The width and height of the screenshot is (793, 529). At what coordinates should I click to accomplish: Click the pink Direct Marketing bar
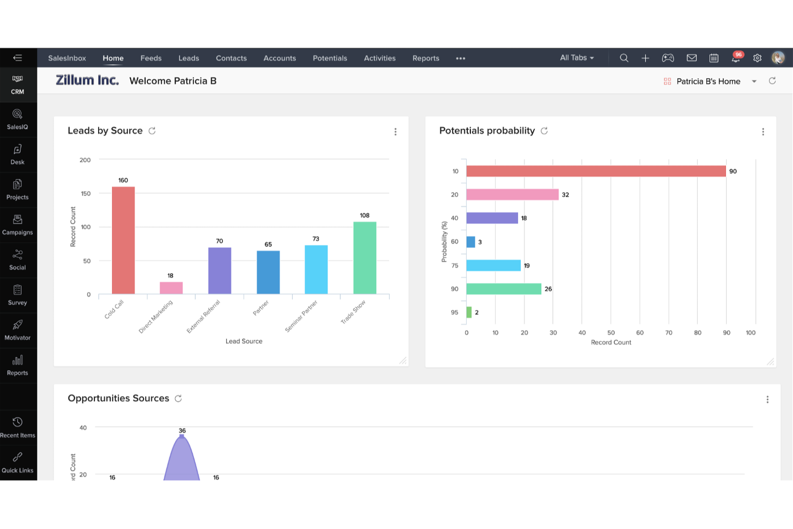click(x=171, y=288)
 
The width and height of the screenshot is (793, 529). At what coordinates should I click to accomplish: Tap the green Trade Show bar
click(x=364, y=258)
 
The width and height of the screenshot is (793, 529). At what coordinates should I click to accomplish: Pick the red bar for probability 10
click(x=596, y=171)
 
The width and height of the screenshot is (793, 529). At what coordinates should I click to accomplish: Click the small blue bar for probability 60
click(x=470, y=242)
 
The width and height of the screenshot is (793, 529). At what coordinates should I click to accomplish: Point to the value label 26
click(x=548, y=289)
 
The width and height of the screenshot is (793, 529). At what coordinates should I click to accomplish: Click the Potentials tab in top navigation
click(x=330, y=58)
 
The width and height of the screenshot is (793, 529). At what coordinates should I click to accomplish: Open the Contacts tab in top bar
click(x=231, y=58)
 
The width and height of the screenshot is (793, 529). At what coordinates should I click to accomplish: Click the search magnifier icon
click(x=624, y=58)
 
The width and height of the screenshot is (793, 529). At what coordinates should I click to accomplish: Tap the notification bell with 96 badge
click(x=736, y=58)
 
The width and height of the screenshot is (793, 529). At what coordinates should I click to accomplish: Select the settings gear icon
click(x=757, y=58)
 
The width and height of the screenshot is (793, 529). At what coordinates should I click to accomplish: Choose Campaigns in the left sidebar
click(x=18, y=225)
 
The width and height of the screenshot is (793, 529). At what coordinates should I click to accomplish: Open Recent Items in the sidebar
click(x=18, y=428)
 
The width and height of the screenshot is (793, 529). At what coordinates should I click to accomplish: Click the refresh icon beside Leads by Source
click(x=152, y=131)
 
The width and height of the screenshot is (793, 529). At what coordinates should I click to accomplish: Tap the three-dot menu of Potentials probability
click(x=763, y=132)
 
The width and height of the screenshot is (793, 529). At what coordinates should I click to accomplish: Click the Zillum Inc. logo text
click(x=87, y=80)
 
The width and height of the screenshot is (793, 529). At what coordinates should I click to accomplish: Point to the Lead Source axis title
click(x=244, y=341)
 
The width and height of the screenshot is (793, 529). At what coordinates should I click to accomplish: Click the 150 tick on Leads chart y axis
click(x=85, y=193)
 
